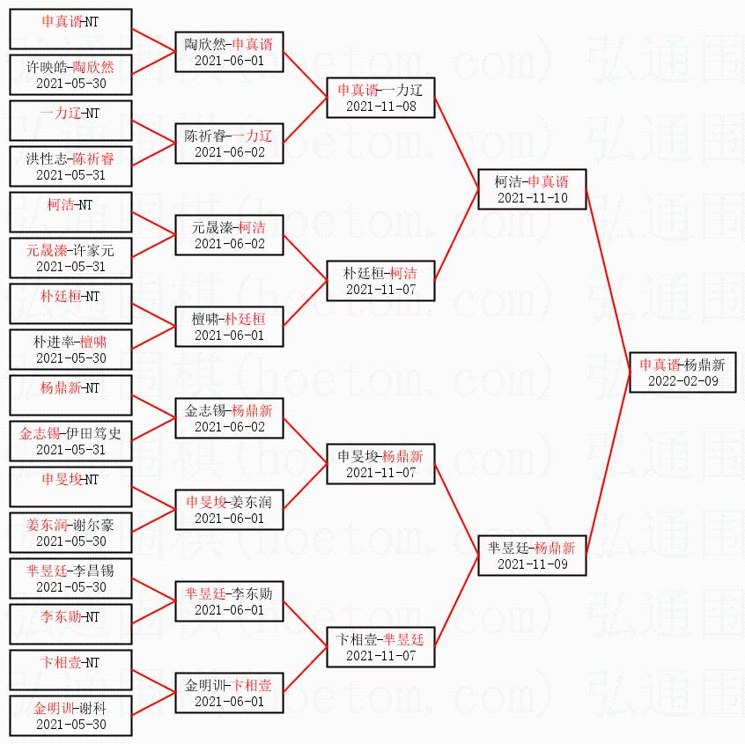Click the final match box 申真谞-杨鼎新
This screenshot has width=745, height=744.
point(682,372)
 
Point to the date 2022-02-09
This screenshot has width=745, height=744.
point(682,380)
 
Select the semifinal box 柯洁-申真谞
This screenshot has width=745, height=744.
point(532,189)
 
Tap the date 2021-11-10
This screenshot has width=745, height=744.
point(532,198)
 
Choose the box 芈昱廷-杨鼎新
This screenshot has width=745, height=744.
point(532,555)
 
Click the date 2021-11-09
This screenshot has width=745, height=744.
point(532,564)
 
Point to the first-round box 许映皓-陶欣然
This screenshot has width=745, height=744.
point(70,75)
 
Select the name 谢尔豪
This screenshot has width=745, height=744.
point(95,525)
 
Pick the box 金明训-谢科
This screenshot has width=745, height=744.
point(70,716)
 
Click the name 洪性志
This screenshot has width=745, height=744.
point(45,158)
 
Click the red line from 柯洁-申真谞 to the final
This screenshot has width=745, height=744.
point(608,281)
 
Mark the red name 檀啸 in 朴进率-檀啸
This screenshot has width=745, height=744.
point(92,342)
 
